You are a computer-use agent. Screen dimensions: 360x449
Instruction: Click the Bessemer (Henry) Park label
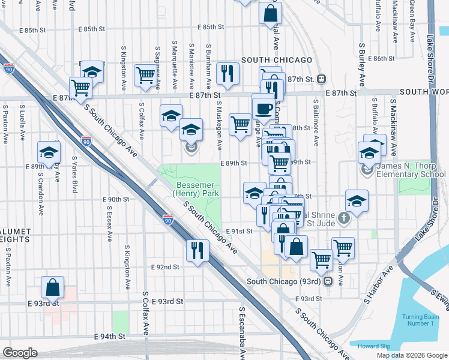tap(195, 189)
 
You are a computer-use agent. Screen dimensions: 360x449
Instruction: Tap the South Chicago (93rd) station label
tap(284, 281)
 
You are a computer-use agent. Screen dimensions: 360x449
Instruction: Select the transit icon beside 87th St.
tap(322, 79)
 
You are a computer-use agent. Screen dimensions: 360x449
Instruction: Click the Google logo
tap(20, 353)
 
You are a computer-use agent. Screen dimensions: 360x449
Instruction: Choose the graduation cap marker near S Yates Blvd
tap(49, 151)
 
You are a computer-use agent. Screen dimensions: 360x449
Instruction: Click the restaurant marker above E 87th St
tap(228, 73)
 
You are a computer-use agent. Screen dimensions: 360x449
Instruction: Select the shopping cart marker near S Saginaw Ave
tap(145, 75)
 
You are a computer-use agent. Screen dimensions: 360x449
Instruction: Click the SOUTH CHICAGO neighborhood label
tap(277, 60)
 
